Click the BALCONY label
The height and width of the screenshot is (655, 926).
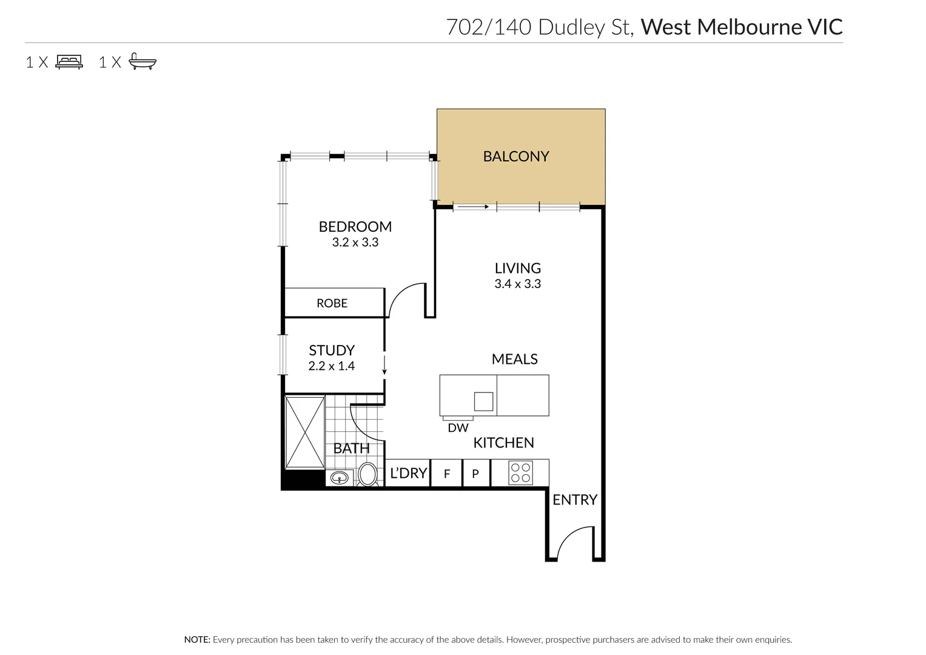pos(515,156)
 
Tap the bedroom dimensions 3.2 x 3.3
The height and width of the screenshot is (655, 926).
pos(355,243)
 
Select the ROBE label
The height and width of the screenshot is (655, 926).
pos(332,303)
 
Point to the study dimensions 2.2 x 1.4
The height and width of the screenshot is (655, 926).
pos(331,366)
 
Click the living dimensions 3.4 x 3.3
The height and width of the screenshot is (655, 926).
pos(517,284)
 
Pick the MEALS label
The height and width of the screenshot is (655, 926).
pos(514,359)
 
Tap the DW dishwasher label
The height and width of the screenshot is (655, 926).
pos(458,428)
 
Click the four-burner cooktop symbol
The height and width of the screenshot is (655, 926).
pos(521,473)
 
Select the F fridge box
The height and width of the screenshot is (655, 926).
pos(447,474)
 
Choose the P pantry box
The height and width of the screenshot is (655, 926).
pos(476,474)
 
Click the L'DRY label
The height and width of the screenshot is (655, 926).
pos(408,473)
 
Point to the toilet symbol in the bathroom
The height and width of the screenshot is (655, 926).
pos(367,474)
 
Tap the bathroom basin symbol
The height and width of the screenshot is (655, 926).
pos(340,478)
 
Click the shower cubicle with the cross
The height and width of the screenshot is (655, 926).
pos(304,432)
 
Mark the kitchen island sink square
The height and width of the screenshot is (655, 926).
pos(483,401)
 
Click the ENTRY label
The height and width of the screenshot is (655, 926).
pos(574,500)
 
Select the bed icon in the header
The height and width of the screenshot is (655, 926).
pos(69,62)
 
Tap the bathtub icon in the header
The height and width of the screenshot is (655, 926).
pos(143,62)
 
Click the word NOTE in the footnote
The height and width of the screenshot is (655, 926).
pos(196,640)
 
